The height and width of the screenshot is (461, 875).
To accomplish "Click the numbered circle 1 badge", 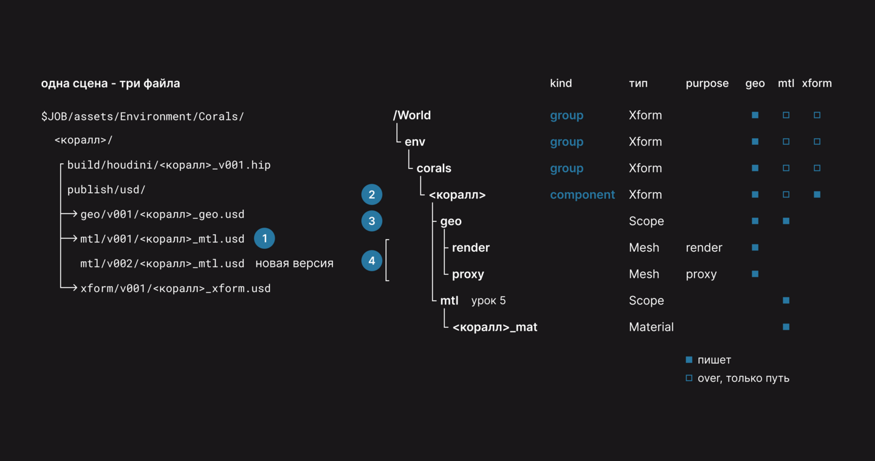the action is coord(264,238).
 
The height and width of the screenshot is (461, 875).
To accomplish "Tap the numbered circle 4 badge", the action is coord(371,261).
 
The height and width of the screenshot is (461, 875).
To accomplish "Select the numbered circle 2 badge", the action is coord(371,195).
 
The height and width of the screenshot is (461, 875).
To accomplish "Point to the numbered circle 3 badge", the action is coord(371,221).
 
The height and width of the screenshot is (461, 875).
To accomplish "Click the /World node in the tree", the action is coord(412,116).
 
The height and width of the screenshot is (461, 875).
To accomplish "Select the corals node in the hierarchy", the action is coord(434,168).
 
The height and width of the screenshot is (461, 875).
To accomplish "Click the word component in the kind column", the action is coord(582,195).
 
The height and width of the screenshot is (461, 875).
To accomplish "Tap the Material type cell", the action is coord(651,327).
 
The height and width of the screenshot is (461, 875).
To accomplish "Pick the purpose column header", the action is coord(707,84).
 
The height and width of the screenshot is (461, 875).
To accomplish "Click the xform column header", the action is coord(817,83).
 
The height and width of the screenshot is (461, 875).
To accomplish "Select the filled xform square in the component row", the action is coord(817,195).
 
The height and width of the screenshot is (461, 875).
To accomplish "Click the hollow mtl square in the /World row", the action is coord(786,115).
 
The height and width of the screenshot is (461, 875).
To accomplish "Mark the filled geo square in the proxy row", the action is coord(755,274).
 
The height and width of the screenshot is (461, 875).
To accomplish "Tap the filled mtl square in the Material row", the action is coord(786,327).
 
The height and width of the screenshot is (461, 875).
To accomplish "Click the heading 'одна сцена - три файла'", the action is coord(111,84).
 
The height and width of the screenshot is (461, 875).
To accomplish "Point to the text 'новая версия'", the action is coord(295,263).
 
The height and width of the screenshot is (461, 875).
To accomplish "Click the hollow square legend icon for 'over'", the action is coord(689,378).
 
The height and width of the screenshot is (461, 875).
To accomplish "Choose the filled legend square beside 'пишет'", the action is coord(689,359).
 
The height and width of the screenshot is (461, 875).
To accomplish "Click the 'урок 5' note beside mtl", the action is coord(489,300).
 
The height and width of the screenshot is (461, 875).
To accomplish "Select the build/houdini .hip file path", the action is coord(169,165).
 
